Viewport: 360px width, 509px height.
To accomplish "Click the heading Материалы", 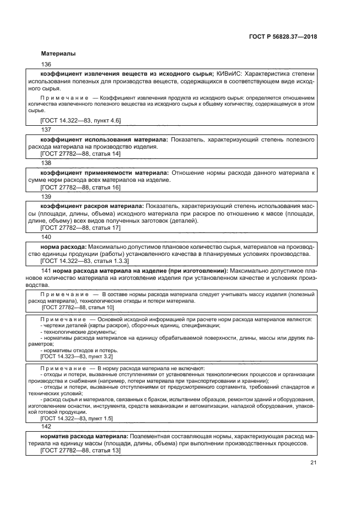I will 58,54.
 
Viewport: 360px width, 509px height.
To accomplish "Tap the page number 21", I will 313,463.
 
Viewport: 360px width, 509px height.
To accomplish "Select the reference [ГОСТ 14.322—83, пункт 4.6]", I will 81,120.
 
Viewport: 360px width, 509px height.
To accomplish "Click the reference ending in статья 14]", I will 81,154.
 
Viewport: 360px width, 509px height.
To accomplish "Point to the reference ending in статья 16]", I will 81,187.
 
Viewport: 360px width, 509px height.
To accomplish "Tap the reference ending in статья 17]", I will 81,228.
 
